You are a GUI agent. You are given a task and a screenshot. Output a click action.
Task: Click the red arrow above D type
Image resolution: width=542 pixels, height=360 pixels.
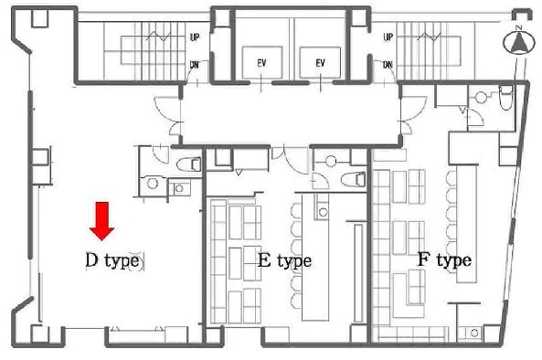(102, 221)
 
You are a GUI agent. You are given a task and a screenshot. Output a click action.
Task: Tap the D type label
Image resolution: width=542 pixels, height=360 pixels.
(112, 260)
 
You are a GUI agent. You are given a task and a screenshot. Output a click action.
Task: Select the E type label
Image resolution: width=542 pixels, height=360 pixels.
(285, 260)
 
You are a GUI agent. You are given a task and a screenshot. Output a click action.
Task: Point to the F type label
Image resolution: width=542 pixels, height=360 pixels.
(444, 259)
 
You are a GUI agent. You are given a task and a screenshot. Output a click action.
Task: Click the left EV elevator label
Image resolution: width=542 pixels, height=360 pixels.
(261, 63)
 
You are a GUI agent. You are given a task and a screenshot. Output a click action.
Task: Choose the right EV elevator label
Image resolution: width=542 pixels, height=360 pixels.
(321, 63)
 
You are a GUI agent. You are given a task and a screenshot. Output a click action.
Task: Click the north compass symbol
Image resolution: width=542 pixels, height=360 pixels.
(518, 41)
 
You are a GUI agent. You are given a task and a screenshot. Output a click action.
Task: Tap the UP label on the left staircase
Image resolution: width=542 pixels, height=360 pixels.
(195, 37)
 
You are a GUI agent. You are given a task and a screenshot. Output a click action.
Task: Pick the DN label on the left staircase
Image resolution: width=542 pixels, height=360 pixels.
(195, 64)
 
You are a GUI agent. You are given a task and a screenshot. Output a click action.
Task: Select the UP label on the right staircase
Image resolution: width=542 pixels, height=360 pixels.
(388, 37)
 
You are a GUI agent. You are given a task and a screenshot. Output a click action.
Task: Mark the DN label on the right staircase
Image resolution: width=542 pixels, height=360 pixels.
(388, 64)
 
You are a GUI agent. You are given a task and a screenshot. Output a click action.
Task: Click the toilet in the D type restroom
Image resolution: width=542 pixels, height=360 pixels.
(188, 164)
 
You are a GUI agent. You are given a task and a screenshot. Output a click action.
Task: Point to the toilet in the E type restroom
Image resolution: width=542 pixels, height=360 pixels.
(353, 179)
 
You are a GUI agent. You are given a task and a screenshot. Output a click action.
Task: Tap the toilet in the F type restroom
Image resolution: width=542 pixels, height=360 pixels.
(505, 98)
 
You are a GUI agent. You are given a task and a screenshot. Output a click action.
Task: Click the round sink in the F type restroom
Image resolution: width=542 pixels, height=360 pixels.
(481, 97)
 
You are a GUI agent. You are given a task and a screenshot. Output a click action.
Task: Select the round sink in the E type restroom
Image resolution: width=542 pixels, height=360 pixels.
(331, 162)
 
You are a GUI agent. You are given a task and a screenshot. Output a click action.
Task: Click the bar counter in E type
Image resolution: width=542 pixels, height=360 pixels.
(315, 258)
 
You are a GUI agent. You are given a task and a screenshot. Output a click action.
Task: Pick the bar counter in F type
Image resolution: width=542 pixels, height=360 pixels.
(467, 224)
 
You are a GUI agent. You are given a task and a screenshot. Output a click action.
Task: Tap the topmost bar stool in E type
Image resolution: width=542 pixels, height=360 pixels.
(296, 211)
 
